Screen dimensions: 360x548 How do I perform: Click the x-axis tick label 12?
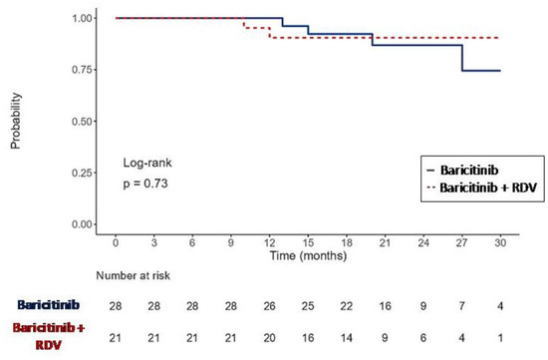pyautogui.click(x=270, y=242)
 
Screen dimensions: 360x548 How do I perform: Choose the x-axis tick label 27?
pyautogui.click(x=461, y=242)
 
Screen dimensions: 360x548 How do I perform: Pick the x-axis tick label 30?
pyautogui.click(x=499, y=242)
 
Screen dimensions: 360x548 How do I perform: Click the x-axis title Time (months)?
pyautogui.click(x=308, y=256)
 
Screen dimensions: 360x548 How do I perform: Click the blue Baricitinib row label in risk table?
pyautogui.click(x=42, y=302)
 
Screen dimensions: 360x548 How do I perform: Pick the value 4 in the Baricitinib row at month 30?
pyautogui.click(x=499, y=302)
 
